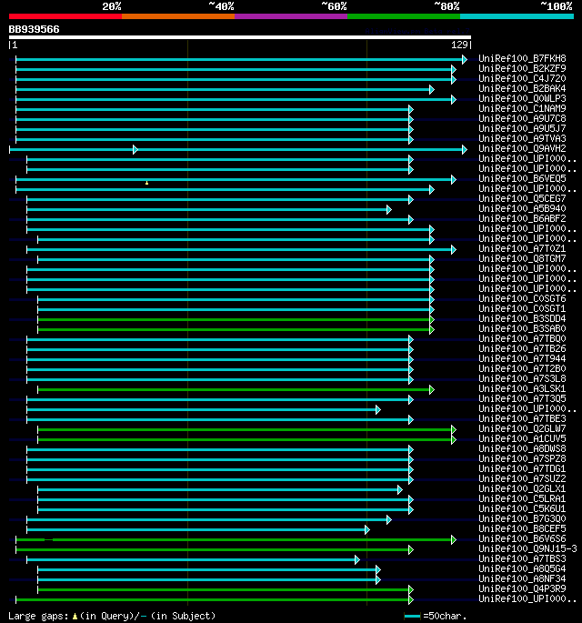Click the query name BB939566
[x=35, y=29]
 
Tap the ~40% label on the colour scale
[x=221, y=6]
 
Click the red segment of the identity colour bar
[x=65, y=15]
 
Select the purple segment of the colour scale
[x=290, y=15]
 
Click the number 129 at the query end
[x=459, y=45]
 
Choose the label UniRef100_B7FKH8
[x=522, y=59]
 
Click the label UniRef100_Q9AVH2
[x=522, y=149]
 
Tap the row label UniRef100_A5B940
[x=522, y=209]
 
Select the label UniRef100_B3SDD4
[x=522, y=319]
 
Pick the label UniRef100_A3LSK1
[x=522, y=389]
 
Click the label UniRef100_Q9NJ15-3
[x=527, y=549]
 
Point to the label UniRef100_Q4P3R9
[x=522, y=589]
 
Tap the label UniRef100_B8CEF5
[x=522, y=529]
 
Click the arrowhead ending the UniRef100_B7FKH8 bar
[x=464, y=59]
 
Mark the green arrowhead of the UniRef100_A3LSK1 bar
[x=431, y=389]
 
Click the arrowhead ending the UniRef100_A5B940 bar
[x=388, y=209]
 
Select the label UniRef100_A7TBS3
[x=522, y=559]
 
